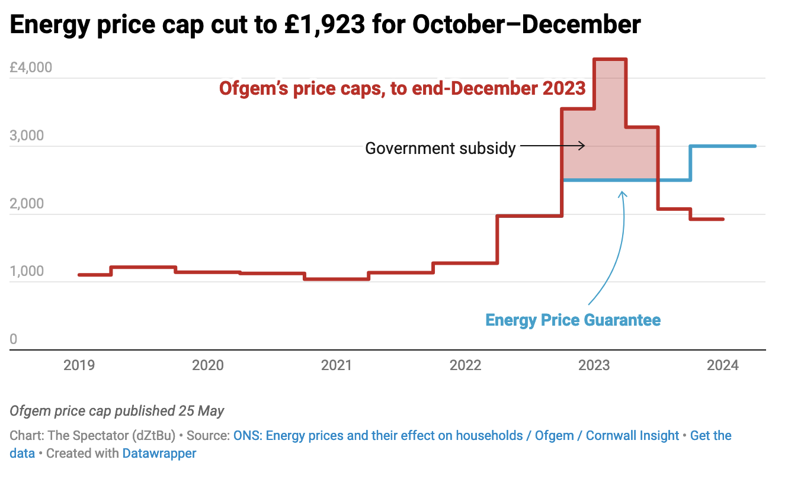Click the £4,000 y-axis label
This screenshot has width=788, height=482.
31,68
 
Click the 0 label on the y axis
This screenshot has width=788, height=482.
14,339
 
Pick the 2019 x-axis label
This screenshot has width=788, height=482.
79,365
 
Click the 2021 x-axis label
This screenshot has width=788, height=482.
337,365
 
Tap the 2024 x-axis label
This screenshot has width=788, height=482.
723,365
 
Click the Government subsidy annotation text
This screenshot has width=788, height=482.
440,147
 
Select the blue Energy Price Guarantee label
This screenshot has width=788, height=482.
573,320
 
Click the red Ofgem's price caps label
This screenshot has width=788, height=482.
402,89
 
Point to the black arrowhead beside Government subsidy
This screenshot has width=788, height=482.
583,146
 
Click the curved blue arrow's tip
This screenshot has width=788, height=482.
622,192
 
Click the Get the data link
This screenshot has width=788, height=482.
711,436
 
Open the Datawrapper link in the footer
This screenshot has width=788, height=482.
159,454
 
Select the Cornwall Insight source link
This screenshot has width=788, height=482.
632,436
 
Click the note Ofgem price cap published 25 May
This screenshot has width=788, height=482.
117,411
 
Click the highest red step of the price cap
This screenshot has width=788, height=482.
610,59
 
